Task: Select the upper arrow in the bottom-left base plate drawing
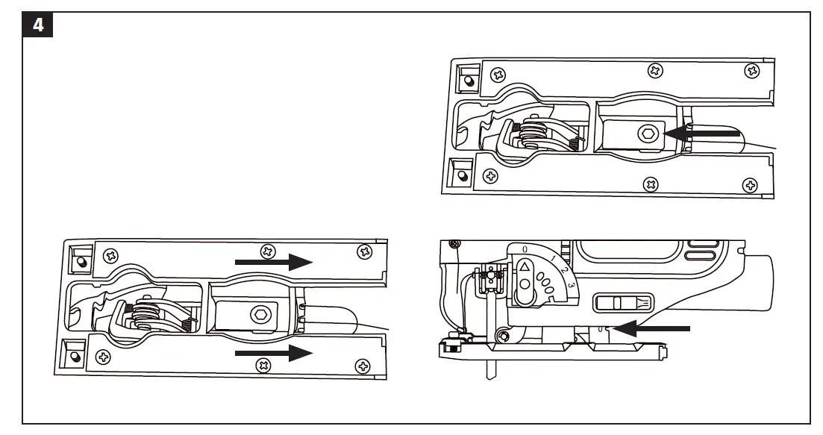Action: (273, 262)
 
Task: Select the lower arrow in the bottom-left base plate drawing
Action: (273, 354)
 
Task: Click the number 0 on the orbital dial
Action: (525, 248)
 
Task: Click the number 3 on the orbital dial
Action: (571, 286)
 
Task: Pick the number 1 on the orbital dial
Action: (552, 258)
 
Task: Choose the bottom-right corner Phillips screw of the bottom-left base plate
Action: (363, 366)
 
